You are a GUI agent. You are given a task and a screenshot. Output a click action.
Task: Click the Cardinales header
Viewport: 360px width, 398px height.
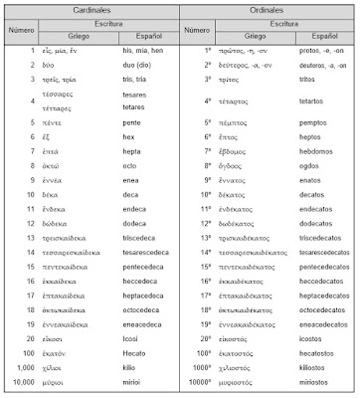(90, 9)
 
